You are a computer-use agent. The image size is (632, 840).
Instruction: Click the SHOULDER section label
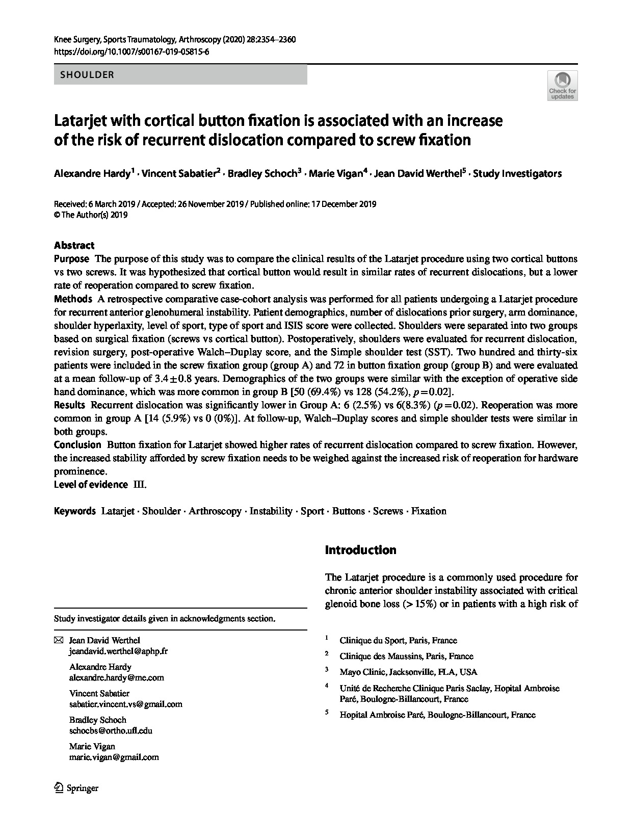pyautogui.click(x=87, y=75)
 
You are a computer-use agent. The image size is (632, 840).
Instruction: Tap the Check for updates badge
pyautogui.click(x=562, y=86)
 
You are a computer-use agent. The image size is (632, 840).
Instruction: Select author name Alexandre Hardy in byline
pyautogui.click(x=92, y=174)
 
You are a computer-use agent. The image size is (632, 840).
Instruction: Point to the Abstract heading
pyautogui.click(x=74, y=245)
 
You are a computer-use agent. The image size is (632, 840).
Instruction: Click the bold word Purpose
pyautogui.click(x=71, y=259)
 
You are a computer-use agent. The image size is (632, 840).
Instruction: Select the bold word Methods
pyautogui.click(x=73, y=299)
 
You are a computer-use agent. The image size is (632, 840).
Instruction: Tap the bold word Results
pyautogui.click(x=69, y=405)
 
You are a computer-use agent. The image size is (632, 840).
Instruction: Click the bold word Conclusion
pyautogui.click(x=77, y=445)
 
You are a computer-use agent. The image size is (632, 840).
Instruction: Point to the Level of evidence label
pyautogui.click(x=91, y=485)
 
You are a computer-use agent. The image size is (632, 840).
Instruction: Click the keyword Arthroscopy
pyautogui.click(x=215, y=511)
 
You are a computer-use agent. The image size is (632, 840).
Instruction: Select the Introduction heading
pyautogui.click(x=360, y=550)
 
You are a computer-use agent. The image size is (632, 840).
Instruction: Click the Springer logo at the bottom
pyautogui.click(x=76, y=788)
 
